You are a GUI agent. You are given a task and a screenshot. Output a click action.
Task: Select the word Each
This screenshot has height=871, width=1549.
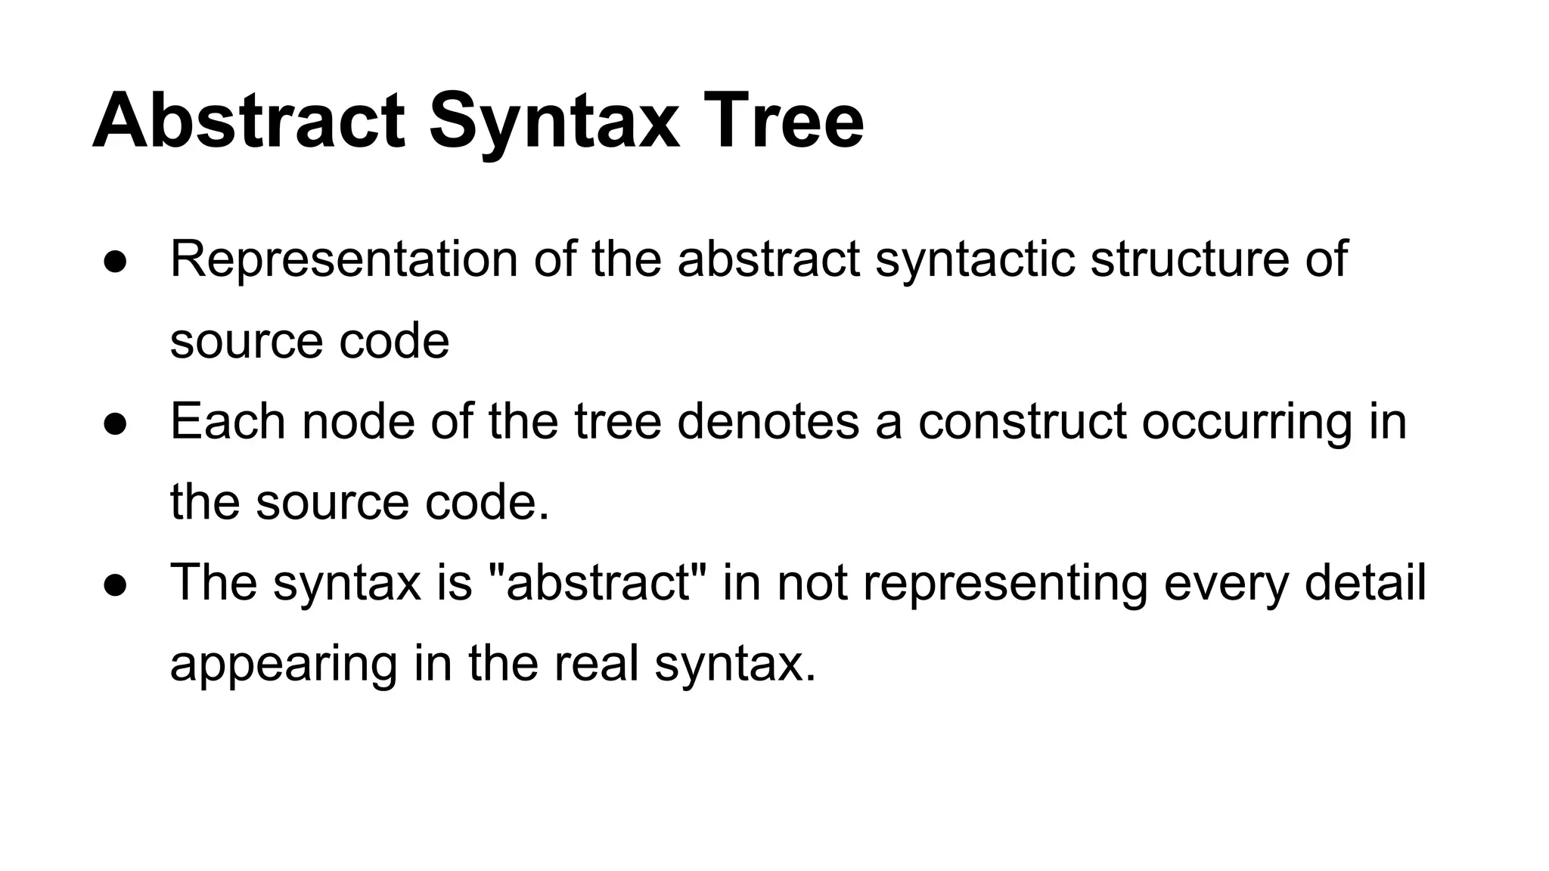[x=228, y=421]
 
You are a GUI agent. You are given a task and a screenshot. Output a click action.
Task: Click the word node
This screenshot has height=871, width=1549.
[x=358, y=421]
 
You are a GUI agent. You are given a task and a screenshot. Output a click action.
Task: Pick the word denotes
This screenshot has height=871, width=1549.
[x=768, y=421]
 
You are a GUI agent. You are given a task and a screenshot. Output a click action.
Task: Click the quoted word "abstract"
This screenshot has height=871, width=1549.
[x=598, y=583]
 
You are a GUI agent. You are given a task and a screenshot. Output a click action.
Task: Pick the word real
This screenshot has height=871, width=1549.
[x=597, y=664]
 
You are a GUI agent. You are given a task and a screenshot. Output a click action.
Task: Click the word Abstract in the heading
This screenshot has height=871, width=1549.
[x=249, y=121]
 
